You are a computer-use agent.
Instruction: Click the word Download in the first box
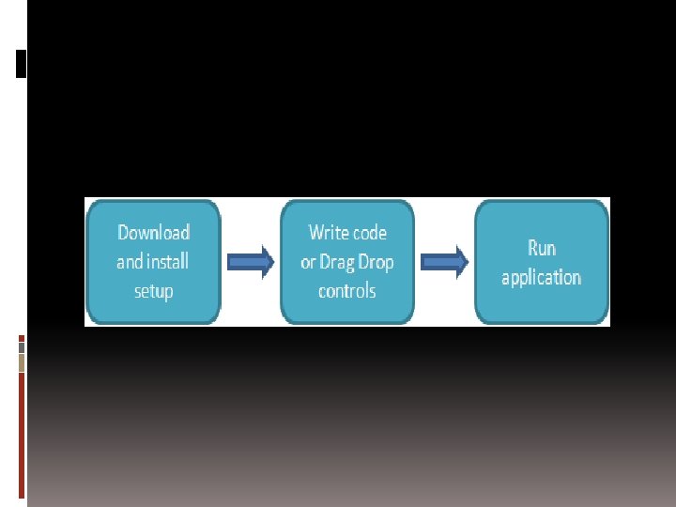pos(153,233)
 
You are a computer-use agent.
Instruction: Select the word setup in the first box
pos(153,291)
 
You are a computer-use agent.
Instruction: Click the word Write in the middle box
pos(328,232)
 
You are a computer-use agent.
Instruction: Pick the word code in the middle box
pos(368,232)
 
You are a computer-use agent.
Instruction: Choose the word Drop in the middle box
pos(376,262)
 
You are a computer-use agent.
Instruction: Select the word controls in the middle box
pos(346,291)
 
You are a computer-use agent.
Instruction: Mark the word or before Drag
pos(308,262)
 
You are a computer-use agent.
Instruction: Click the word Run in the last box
pos(542,248)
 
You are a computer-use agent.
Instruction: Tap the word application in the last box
pos(541,278)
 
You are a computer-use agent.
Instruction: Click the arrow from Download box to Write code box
pos(251,262)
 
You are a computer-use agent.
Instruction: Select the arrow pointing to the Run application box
pos(444,262)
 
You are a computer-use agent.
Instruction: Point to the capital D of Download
pos(123,233)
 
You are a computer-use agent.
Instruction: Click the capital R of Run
pos(532,248)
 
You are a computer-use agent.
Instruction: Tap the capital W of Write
pos(315,232)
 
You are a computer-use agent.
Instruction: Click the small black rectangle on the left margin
pos(22,63)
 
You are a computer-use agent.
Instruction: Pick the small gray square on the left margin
pos(22,346)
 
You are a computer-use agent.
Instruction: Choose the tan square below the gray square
pos(22,362)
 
